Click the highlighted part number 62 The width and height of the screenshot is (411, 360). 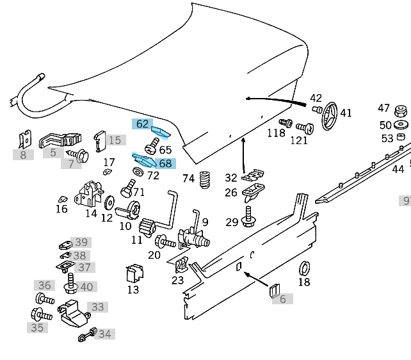coord(142,124)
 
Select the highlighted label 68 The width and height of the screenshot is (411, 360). coord(165,163)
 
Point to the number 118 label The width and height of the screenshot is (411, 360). coord(276,133)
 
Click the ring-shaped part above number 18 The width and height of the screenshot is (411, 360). coord(305,267)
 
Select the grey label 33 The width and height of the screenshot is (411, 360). coord(97,307)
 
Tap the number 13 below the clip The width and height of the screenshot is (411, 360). coord(133,290)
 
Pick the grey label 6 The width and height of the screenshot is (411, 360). coord(282,299)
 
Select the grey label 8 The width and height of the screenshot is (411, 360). coord(23,154)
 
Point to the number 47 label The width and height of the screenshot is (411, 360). coord(383,108)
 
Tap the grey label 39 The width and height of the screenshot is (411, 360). coord(81,242)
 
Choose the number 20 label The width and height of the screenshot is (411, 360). coord(154,255)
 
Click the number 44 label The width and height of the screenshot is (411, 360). coord(398,169)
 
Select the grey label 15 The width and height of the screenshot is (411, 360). coord(114,140)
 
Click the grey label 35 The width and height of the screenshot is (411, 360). coord(37,327)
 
